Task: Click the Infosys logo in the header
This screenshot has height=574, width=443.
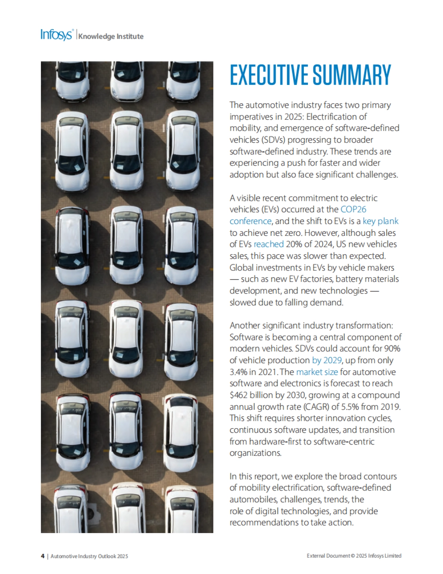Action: pos(57,35)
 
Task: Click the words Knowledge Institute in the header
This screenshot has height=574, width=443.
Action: pos(111,36)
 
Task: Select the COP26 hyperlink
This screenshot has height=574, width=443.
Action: pos(353,209)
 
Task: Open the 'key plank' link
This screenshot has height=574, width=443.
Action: pos(381,221)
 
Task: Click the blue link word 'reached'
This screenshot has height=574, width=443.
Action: pos(268,244)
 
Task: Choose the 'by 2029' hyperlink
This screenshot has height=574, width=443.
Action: pos(327,360)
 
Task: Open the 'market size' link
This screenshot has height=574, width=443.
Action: pos(317,372)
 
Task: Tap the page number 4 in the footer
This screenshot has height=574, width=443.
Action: pos(42,556)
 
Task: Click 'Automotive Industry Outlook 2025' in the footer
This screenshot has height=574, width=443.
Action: pos(89,556)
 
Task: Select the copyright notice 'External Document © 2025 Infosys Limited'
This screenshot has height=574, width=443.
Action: pos(354,556)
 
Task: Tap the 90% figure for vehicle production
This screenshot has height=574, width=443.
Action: pos(392,348)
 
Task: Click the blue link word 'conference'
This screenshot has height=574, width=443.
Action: pos(250,221)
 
